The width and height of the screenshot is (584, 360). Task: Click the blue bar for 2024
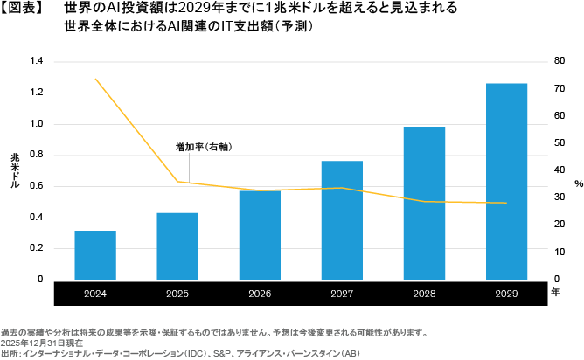pyautogui.click(x=95, y=255)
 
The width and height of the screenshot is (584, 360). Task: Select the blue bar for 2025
pyautogui.click(x=177, y=246)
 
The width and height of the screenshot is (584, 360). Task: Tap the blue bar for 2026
pyautogui.click(x=260, y=234)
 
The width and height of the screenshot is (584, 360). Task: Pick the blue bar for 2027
pyautogui.click(x=342, y=220)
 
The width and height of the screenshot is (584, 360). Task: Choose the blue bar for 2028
pyautogui.click(x=424, y=203)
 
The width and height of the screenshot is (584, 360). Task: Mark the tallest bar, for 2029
pyautogui.click(x=506, y=181)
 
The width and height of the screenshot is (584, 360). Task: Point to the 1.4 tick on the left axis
pyautogui.click(x=36, y=61)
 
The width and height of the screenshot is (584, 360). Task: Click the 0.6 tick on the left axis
pyautogui.click(x=36, y=186)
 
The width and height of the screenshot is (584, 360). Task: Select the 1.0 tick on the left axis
pyautogui.click(x=36, y=124)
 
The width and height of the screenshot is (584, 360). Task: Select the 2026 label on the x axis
pyautogui.click(x=260, y=294)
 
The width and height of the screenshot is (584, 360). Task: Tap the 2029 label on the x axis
pyautogui.click(x=506, y=294)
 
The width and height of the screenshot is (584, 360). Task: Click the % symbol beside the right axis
pyautogui.click(x=578, y=183)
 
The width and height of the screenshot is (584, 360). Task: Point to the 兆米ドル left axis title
pyautogui.click(x=15, y=170)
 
